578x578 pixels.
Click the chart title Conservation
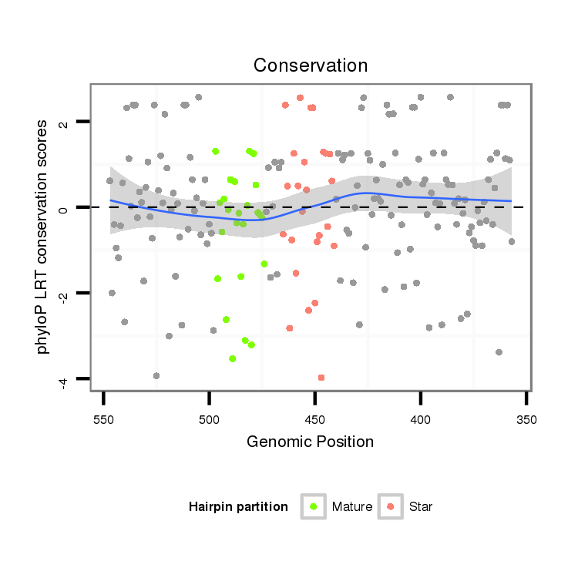click(x=311, y=66)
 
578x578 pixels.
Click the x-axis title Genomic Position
click(x=311, y=442)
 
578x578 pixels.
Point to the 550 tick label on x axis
click(x=103, y=420)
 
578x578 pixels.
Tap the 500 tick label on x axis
click(x=209, y=420)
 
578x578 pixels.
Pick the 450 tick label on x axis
click(x=314, y=420)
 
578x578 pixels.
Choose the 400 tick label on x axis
click(x=420, y=420)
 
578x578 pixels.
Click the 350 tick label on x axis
click(x=526, y=420)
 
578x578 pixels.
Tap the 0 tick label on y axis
click(x=64, y=207)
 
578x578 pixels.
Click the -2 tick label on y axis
click(x=64, y=292)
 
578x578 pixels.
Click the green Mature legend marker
click(x=313, y=506)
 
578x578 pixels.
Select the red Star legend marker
click(x=390, y=506)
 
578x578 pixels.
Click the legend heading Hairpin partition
click(x=238, y=507)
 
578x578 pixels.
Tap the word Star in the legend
click(x=421, y=507)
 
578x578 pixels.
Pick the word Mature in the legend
click(x=352, y=507)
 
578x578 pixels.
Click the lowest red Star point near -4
click(x=321, y=378)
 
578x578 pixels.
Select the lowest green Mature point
click(x=232, y=358)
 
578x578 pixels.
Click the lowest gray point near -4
click(x=156, y=375)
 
